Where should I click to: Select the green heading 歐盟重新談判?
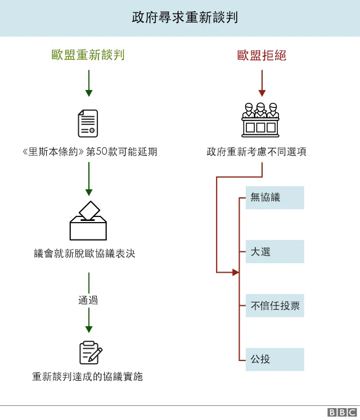point(88,55)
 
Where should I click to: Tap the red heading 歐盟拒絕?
point(262,55)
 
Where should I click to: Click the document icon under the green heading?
point(88,124)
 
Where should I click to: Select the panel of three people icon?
point(260,119)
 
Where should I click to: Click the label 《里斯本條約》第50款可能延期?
point(88,152)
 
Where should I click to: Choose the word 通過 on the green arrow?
point(88,300)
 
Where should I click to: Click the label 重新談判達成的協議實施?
point(88,377)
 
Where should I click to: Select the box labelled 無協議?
point(274,198)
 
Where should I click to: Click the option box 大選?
point(274,252)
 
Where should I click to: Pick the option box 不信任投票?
point(274,306)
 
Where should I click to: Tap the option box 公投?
point(274,359)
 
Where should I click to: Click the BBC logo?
point(342,413)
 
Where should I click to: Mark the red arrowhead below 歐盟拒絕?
point(262,93)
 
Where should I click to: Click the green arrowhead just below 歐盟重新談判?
point(88,93)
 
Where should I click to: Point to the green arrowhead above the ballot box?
point(88,191)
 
